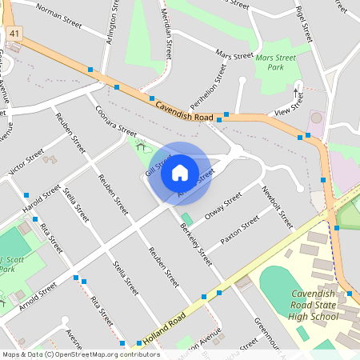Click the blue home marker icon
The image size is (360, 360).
coord(180,171)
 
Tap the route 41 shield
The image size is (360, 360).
coord(16,33)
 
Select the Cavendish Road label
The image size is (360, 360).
coord(184,111)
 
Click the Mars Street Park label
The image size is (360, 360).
coord(275,62)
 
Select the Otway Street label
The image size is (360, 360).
coord(223,205)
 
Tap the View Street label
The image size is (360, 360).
coord(289,105)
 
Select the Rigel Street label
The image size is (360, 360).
coord(302,22)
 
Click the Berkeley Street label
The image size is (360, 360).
coord(195,244)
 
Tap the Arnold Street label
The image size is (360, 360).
coord(37,294)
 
